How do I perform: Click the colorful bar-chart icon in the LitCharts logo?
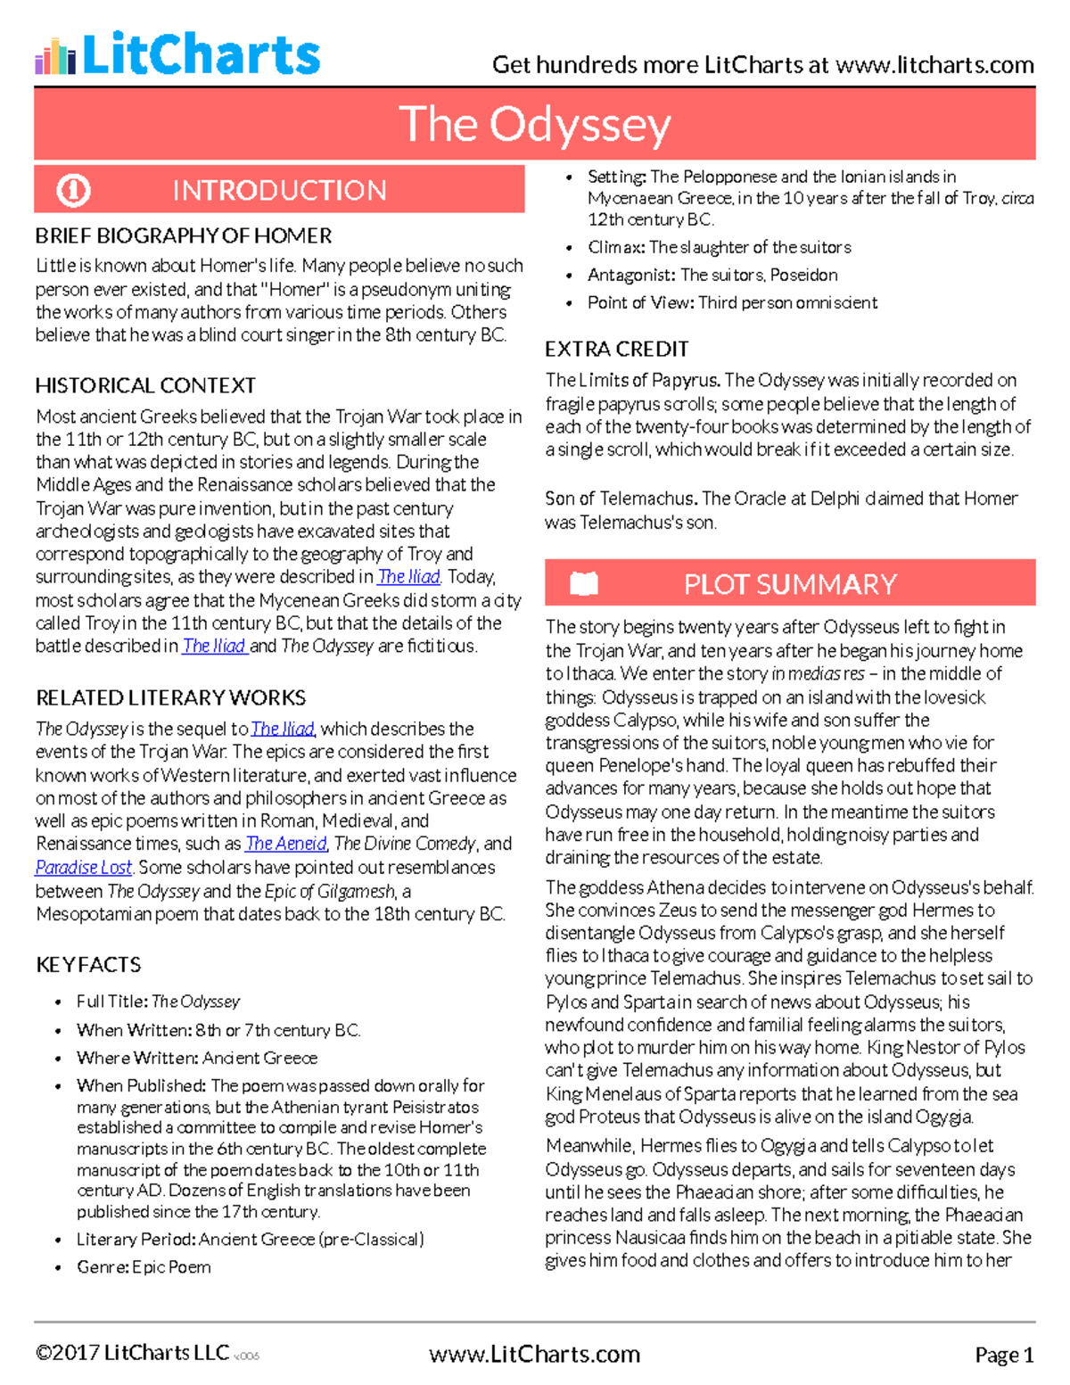coord(54,56)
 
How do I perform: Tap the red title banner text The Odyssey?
coord(534,124)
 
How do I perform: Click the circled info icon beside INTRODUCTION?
coord(73,190)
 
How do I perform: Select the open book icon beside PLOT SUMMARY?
coord(583,584)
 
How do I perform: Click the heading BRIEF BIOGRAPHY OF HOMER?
coord(183,236)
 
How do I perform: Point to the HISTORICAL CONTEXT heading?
coord(145,385)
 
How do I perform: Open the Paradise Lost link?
coord(84,867)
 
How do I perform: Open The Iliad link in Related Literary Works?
coord(283,729)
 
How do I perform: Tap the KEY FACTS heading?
coord(88,964)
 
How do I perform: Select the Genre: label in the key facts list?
coord(103,1266)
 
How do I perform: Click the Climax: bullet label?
coord(616,247)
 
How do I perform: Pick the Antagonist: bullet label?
coord(632,275)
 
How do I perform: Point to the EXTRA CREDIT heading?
coord(617,349)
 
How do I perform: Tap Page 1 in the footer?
coord(1004,1355)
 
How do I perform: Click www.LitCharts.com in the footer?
coord(534,1354)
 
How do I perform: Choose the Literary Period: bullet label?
coord(136,1239)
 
